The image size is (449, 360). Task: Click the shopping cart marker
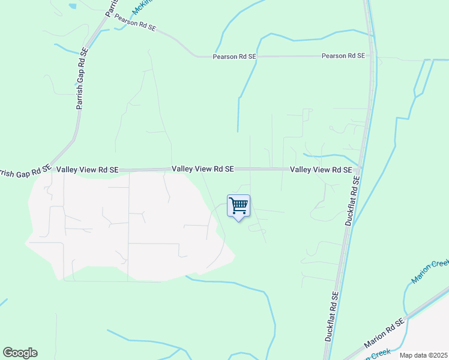[239, 206]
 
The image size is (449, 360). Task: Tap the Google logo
[20, 352]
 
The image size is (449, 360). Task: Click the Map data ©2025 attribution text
[424, 355]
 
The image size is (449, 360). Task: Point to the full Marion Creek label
[430, 272]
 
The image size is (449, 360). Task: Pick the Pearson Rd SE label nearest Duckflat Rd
[343, 56]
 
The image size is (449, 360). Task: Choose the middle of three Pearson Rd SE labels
[234, 56]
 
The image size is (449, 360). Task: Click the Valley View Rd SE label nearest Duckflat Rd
[321, 170]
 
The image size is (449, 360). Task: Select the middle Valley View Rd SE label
[202, 170]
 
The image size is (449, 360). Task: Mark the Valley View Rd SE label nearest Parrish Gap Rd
[88, 170]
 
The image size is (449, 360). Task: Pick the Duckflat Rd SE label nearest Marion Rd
[332, 316]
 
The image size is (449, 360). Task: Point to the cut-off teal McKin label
[141, 6]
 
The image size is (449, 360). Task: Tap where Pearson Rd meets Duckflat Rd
[373, 56]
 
